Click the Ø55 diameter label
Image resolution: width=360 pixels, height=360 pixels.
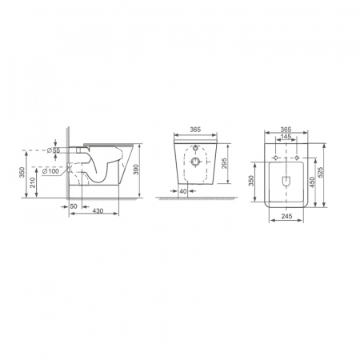(x=54, y=150)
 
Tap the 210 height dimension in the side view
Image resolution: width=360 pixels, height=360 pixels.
(x=33, y=182)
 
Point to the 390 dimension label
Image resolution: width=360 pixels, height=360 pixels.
(x=136, y=170)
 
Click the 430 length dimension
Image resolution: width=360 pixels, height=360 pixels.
(x=98, y=210)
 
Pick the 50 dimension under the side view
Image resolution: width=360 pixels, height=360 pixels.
(x=74, y=206)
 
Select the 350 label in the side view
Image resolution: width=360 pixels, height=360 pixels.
(x=22, y=172)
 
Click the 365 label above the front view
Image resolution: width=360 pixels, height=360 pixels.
(x=195, y=130)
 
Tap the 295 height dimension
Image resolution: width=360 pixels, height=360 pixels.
(x=224, y=163)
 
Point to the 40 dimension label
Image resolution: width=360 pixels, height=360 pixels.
(x=183, y=191)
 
